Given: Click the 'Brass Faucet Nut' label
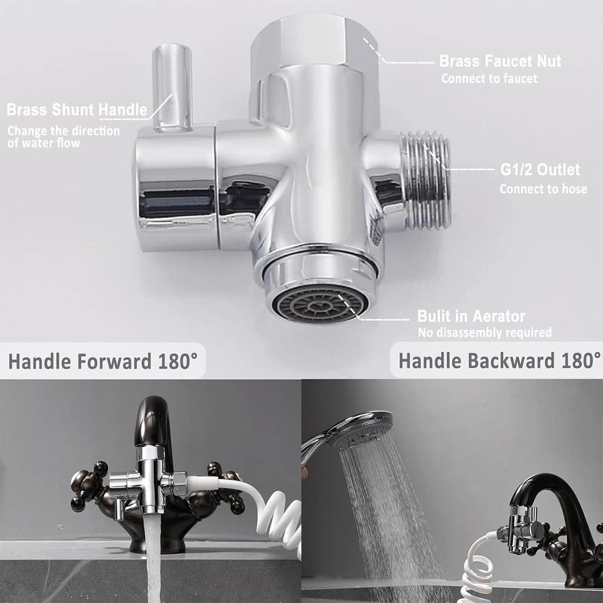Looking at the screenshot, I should pos(500,61).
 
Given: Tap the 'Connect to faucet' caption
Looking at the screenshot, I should pos(489,78).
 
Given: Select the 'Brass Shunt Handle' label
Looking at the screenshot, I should pos(77,110).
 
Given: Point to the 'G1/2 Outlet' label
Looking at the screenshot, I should pos(540,170).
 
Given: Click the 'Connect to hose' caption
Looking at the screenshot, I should pos(543,189).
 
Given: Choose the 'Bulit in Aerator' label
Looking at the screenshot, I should pos(471,316).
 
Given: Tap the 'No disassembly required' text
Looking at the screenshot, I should pos(484,333).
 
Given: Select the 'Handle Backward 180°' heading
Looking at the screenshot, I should pos(499,360).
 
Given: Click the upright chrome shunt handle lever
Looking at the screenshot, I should pos(172,85).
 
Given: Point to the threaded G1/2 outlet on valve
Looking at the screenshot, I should pos(427,180).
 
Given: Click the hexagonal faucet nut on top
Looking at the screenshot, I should pos(312,44).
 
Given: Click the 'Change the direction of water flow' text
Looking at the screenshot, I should pos(63,137).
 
